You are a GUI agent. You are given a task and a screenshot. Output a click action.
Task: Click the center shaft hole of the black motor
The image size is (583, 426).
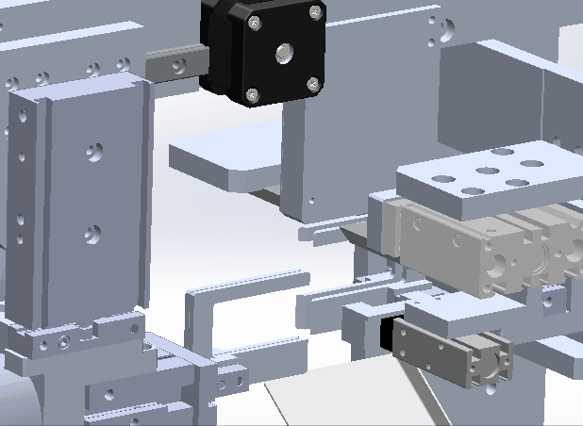[283, 54]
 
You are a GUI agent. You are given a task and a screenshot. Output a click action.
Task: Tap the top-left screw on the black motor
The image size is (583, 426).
[255, 21]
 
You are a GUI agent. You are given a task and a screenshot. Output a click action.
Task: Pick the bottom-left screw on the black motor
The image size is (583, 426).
[252, 93]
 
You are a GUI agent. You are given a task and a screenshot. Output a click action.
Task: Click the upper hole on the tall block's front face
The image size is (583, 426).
[93, 151]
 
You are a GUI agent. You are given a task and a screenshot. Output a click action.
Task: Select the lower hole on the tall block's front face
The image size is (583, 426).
[92, 230]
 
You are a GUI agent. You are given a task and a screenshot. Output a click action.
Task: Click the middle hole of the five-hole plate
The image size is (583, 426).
[487, 172]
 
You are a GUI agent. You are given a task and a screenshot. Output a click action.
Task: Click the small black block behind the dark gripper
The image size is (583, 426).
[386, 335]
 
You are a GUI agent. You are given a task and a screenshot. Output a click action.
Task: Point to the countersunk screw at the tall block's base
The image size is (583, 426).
[63, 343]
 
